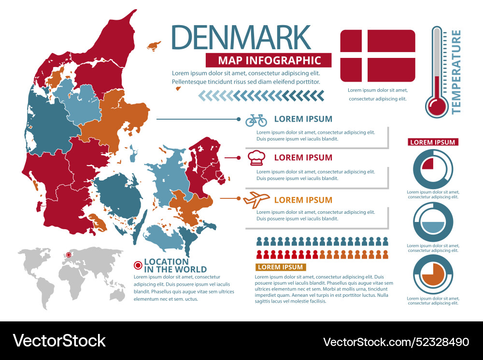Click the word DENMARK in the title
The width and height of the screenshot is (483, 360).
[x=241, y=37]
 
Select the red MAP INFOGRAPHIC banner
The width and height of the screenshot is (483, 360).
[x=269, y=60]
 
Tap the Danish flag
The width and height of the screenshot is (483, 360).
[x=378, y=55]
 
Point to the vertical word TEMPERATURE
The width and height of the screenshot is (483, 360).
[x=455, y=71]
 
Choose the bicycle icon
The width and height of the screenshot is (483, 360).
[x=256, y=120]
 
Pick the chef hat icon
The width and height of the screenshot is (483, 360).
[x=256, y=158]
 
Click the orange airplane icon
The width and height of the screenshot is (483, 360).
[x=256, y=199]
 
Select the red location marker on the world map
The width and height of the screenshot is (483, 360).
[x=69, y=255]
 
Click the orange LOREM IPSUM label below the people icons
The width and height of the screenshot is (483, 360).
[x=280, y=267]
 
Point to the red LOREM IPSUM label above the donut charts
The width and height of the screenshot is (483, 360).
[x=433, y=142]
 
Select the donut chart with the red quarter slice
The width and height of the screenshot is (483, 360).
[x=433, y=169]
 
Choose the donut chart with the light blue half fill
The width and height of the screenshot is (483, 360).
[x=433, y=222]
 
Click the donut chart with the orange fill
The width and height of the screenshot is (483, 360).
[x=433, y=274]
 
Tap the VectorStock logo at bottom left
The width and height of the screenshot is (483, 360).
[x=59, y=341]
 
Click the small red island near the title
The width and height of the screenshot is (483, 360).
[x=154, y=46]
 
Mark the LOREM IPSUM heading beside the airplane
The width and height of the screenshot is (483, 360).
[x=303, y=200]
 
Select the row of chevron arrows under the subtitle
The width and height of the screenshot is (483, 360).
[x=261, y=97]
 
